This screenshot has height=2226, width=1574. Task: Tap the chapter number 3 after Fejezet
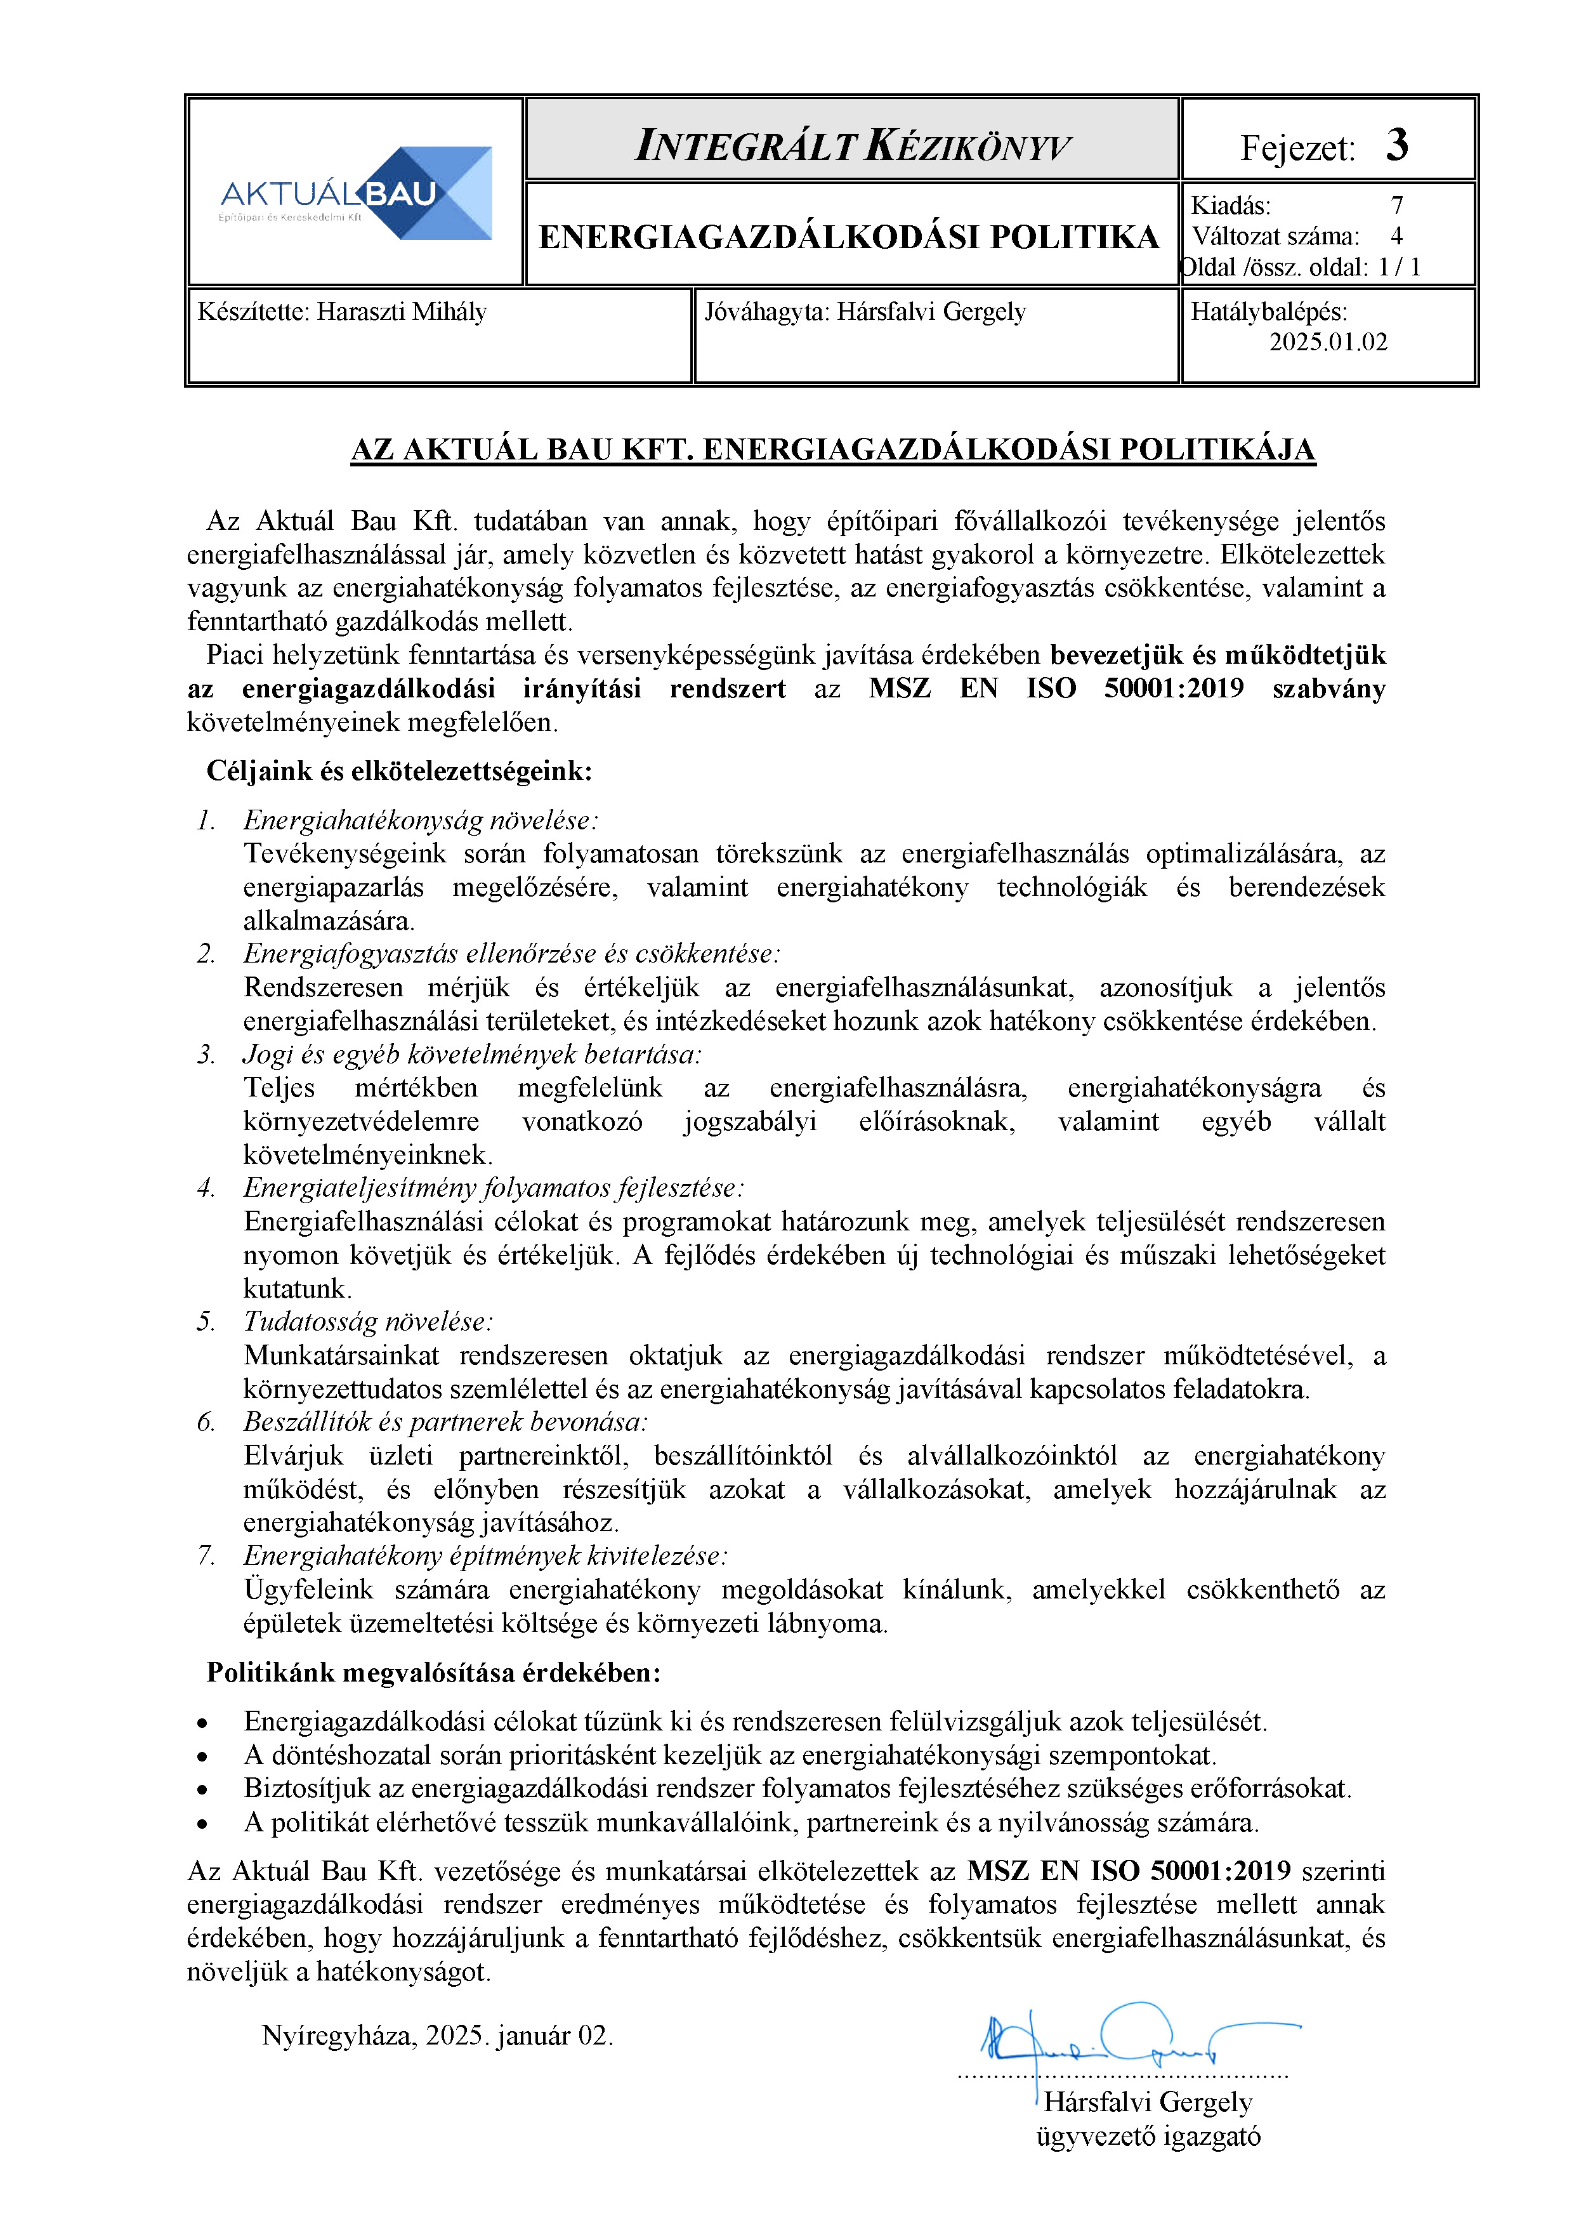1396,145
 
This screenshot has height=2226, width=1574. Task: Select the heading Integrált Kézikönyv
852,145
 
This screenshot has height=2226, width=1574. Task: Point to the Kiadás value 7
1396,206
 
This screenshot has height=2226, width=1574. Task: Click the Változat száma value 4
1396,237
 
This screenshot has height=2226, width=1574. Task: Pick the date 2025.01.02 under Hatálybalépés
1328,342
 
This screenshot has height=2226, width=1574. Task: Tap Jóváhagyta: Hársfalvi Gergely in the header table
865,312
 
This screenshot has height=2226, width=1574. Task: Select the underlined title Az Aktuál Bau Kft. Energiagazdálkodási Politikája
832,450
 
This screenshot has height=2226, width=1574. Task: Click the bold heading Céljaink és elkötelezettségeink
398,771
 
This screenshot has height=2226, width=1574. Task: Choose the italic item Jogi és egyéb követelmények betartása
472,1054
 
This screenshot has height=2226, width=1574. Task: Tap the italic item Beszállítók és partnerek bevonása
445,1422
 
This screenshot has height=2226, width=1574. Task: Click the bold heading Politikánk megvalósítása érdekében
433,1673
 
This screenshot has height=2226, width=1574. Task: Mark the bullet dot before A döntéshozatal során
202,1757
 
